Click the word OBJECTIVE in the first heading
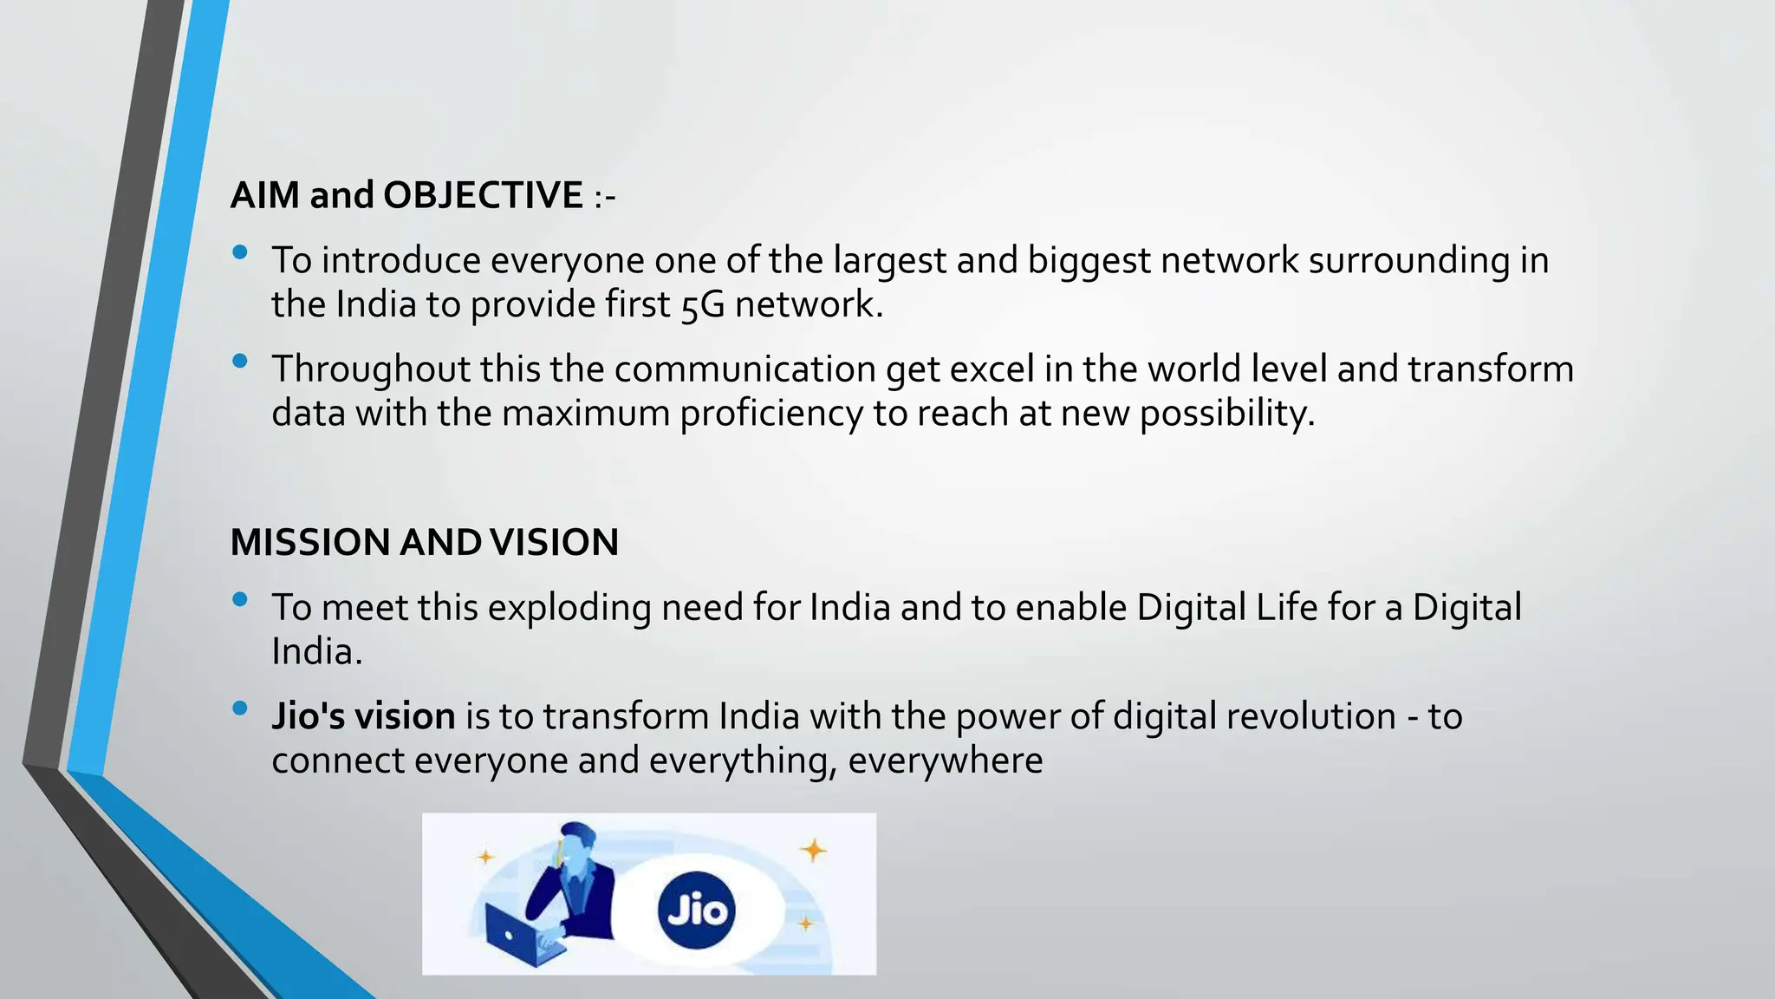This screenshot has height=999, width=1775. coord(483,195)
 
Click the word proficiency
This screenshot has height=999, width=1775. coord(770,414)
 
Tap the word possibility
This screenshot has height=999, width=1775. coord(1226,414)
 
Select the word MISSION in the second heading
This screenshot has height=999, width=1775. coord(310,543)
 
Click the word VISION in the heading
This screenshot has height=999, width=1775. coord(554,543)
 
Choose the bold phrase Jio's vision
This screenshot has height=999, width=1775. coord(363,716)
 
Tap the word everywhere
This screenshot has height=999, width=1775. coord(945,761)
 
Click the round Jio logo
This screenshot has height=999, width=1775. coord(696,911)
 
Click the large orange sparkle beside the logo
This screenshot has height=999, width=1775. coord(813,850)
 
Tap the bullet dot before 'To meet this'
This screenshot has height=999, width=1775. coord(240,599)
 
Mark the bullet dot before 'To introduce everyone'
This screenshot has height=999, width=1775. coord(240,252)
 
